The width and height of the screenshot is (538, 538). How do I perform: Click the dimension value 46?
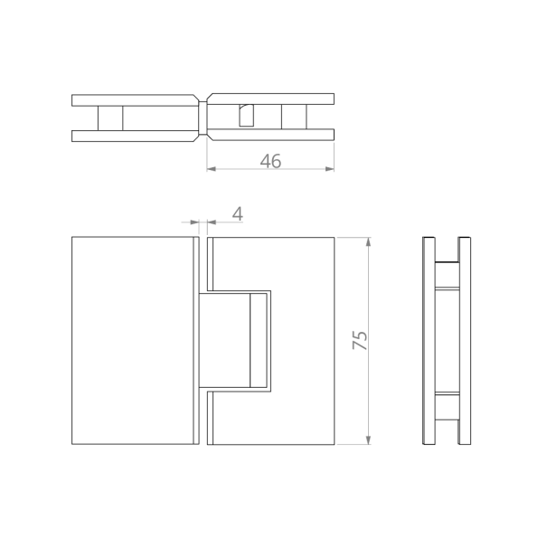coord(270,161)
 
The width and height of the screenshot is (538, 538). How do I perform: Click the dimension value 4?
coord(238,213)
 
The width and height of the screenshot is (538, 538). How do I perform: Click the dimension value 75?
coord(360,340)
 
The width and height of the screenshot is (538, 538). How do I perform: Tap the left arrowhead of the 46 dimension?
coord(211,169)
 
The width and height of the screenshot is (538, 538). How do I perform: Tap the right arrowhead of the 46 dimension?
coord(330,169)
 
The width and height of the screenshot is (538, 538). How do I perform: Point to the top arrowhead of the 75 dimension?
coord(369,241)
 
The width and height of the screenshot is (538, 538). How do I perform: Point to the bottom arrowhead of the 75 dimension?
coord(369,439)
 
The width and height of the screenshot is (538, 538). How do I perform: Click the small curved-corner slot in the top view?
coord(246,116)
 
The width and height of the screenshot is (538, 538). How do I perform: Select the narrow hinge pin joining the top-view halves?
coord(203,118)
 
